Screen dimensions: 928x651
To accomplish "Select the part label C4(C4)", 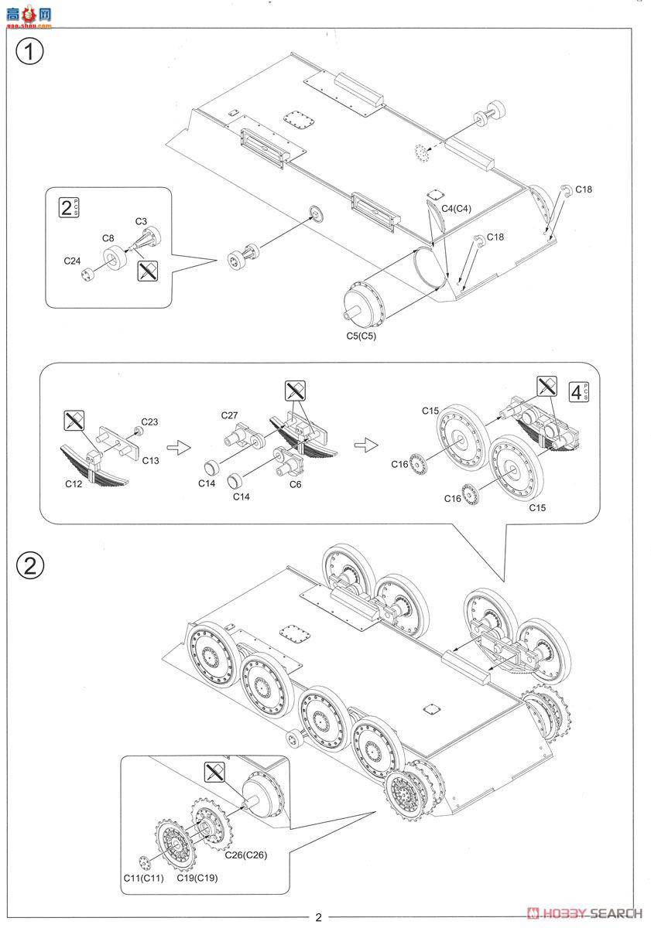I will (457, 209).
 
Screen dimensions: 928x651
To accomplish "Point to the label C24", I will (73, 261).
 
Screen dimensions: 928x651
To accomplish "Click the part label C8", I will (108, 238).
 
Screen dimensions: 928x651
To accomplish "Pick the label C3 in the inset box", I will (140, 221).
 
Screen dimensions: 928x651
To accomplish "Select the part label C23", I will (149, 422).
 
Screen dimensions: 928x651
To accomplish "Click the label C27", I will (230, 415).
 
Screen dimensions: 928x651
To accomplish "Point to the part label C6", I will (295, 484).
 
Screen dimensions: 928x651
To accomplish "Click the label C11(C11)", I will (143, 879).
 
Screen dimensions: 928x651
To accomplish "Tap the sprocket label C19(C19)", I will (197, 879).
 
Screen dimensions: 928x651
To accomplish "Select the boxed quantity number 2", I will (67, 207).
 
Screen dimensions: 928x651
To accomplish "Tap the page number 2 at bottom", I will (318, 917).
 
